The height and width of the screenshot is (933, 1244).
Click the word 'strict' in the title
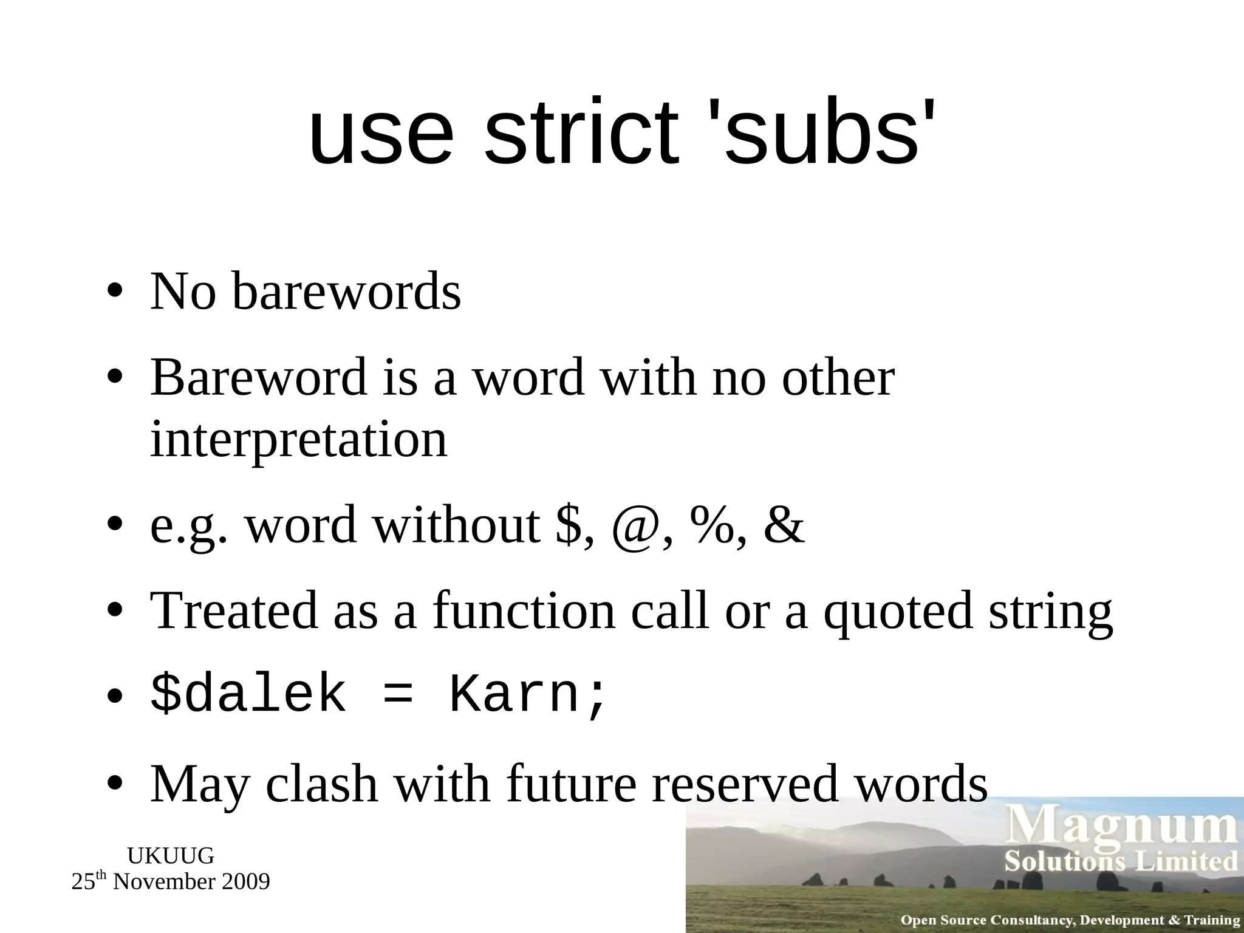click(580, 133)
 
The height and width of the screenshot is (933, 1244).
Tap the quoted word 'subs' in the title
click(821, 133)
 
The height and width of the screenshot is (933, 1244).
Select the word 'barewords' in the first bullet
click(346, 292)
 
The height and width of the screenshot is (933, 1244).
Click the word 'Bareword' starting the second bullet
click(259, 378)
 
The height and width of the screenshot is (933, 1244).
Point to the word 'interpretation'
click(298, 440)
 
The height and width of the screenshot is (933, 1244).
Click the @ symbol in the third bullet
click(634, 526)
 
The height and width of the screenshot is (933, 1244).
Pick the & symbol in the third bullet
click(784, 526)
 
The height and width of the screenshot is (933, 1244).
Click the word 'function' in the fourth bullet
click(524, 611)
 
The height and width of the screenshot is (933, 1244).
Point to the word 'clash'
click(322, 784)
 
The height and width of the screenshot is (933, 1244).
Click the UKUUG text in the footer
click(171, 856)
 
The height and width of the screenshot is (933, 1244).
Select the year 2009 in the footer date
click(247, 882)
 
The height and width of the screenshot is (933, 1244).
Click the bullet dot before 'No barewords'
click(114, 292)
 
